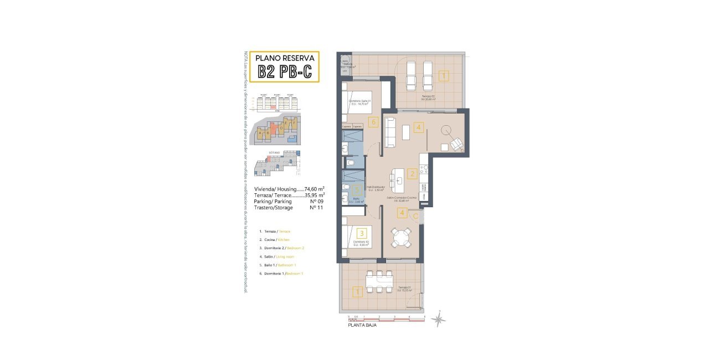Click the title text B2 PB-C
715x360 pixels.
click(x=285, y=71)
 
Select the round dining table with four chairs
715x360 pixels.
click(x=401, y=238)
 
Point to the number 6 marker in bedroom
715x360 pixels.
click(x=374, y=122)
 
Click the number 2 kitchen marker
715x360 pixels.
click(x=411, y=174)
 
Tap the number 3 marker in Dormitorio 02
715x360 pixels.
click(x=362, y=234)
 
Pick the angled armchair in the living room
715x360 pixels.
click(x=457, y=144)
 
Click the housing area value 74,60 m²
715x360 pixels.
click(x=314, y=189)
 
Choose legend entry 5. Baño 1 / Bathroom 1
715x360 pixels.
click(x=282, y=265)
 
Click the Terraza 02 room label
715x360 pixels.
click(x=429, y=96)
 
